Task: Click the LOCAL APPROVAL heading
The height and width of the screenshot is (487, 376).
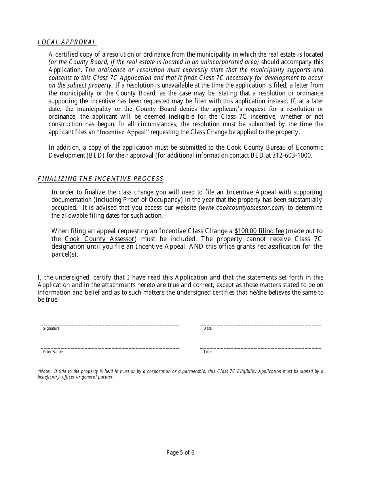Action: coord(67,42)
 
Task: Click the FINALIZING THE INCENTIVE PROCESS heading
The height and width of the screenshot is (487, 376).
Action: coord(100,179)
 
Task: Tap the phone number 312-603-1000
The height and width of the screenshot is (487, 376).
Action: coord(292,155)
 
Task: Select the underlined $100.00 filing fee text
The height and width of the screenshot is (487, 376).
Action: coord(259,231)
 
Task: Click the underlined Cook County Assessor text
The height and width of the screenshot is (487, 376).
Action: coord(99,239)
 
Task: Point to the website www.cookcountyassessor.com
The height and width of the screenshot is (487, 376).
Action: coord(241,208)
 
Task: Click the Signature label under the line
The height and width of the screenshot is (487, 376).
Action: coord(51,329)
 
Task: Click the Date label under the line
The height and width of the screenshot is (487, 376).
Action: coord(207,329)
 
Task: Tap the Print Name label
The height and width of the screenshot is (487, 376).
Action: coord(53,352)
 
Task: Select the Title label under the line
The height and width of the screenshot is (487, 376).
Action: coord(207,352)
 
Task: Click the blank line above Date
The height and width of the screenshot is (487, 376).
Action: coord(260,325)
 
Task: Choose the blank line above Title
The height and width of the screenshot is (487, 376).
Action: coord(260,348)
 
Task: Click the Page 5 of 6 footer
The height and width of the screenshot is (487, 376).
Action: coord(180,453)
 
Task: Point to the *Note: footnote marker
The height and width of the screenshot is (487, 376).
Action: coord(44,371)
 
